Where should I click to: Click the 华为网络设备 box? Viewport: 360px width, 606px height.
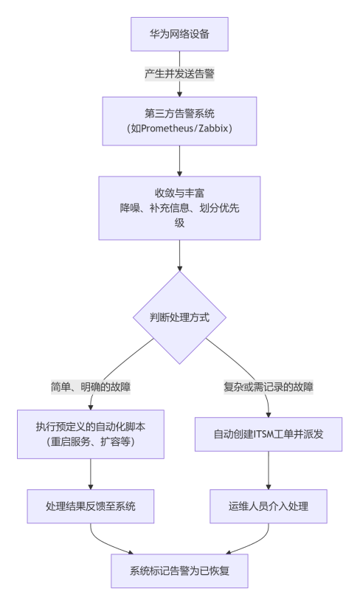(179, 34)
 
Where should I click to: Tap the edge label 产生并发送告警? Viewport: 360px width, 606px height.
(179, 73)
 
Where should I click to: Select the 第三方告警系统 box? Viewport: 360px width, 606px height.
(179, 121)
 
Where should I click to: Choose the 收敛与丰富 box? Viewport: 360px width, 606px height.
(179, 208)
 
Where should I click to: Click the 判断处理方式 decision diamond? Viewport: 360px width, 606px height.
(179, 317)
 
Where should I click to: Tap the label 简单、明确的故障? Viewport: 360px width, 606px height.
(91, 387)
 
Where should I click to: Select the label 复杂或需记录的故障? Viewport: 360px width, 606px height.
(269, 387)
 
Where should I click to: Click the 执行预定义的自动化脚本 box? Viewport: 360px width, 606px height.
(91, 435)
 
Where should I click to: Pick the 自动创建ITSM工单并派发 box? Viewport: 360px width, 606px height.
(269, 435)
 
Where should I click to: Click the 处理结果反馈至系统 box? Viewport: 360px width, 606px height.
(91, 506)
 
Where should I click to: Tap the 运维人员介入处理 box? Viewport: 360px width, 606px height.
(269, 506)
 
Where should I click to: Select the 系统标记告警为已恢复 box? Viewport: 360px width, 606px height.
(179, 571)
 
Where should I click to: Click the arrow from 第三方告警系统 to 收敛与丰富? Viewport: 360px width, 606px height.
(179, 161)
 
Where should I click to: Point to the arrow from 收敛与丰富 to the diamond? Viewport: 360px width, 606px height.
(179, 255)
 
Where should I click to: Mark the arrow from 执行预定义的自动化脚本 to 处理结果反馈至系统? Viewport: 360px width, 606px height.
(91, 474)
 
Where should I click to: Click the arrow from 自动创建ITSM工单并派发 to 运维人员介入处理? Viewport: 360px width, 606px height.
(269, 470)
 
